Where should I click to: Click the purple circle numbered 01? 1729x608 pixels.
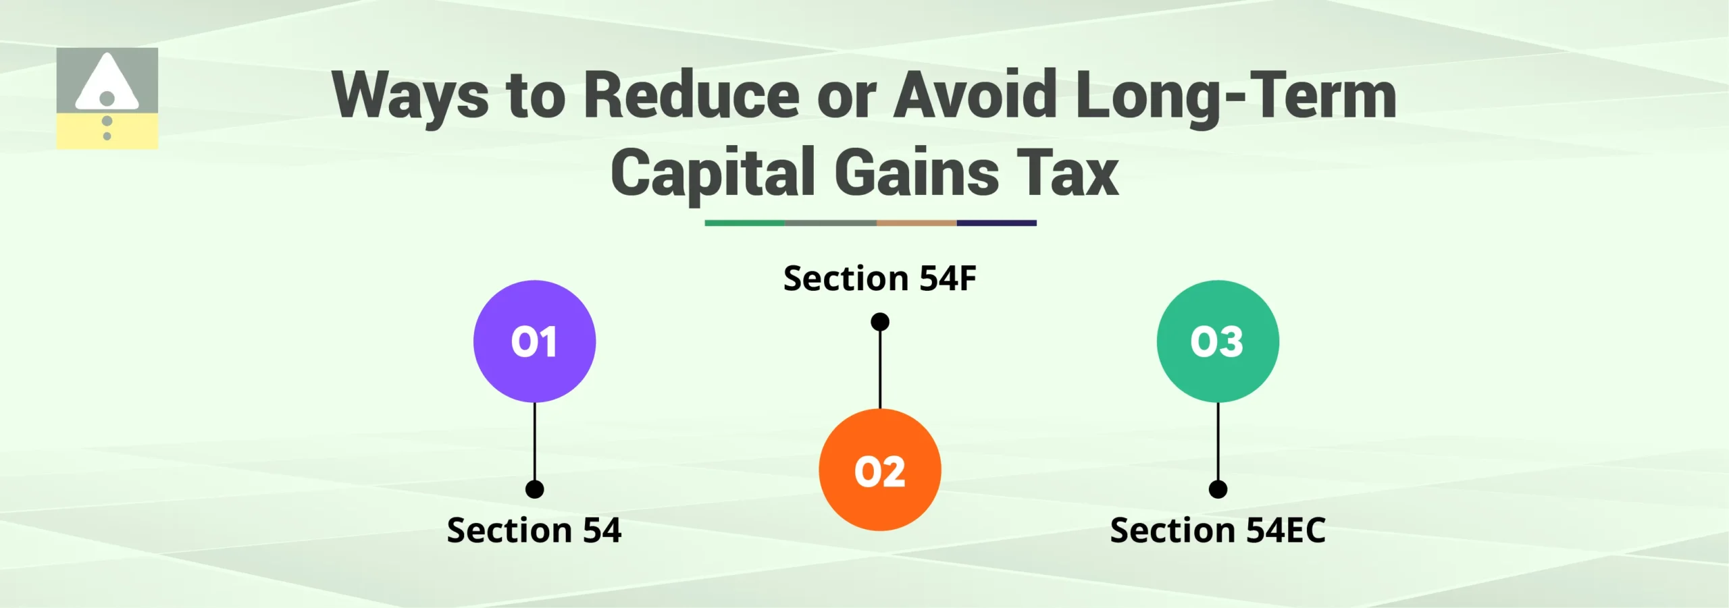click(534, 341)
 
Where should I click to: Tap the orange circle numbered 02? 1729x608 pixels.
click(879, 470)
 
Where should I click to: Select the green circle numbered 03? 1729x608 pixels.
click(1218, 341)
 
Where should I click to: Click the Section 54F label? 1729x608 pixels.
click(879, 279)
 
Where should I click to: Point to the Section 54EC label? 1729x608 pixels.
click(1218, 530)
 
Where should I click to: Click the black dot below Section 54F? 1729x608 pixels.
click(879, 322)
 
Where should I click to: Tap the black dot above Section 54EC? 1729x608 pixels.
click(1218, 489)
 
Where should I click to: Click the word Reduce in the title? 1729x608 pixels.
click(692, 96)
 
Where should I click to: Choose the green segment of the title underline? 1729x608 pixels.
click(744, 223)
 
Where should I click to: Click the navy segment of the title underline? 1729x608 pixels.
click(996, 223)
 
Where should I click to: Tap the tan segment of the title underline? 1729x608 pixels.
click(916, 223)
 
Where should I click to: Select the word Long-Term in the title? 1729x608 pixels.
click(1235, 96)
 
